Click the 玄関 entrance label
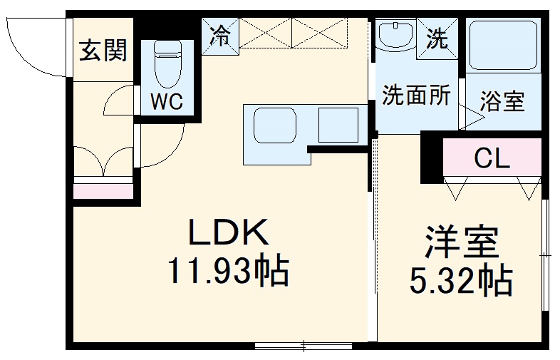tap(103, 51)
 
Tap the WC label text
tap(167, 101)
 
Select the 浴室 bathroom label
tap(502, 102)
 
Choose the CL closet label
tap(492, 158)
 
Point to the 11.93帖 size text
tap(227, 271)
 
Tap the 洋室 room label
tap(461, 242)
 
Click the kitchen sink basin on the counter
tap(275, 127)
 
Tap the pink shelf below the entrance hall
tap(103, 191)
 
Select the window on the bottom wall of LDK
tap(303, 346)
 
